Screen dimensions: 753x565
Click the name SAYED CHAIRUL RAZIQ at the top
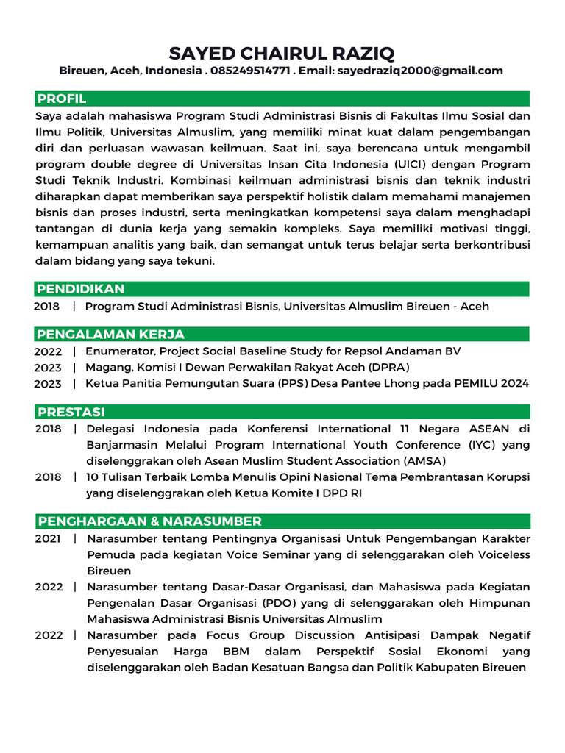tap(282, 53)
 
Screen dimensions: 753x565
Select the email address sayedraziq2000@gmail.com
tap(420, 71)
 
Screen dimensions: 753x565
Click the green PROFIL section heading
tap(63, 99)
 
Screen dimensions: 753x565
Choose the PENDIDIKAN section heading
tap(81, 289)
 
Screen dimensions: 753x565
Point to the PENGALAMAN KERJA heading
tap(111, 335)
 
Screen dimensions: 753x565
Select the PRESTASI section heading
tap(71, 412)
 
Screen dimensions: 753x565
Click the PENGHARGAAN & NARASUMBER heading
tap(149, 521)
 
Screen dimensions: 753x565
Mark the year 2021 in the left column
tap(49, 539)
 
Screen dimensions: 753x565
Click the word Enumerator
tap(118, 351)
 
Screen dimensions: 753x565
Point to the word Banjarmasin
tap(124, 445)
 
